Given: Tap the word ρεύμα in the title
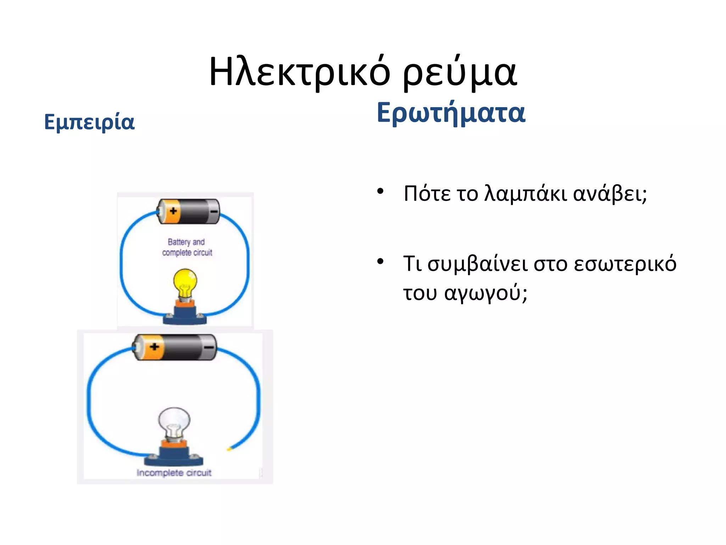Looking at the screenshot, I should (x=460, y=73).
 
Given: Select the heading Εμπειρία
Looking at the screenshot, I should (x=89, y=122).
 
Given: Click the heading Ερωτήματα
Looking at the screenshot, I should (x=451, y=113).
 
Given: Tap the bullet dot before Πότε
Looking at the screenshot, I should (x=380, y=192).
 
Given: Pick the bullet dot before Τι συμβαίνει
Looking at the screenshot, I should (x=380, y=262).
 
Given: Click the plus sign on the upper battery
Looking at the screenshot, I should (x=173, y=211).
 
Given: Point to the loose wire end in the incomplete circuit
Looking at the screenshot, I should (x=229, y=449).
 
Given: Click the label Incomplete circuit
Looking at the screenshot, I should (x=174, y=473).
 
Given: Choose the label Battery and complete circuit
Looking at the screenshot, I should (x=187, y=247).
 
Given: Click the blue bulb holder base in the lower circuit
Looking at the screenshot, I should (x=174, y=458).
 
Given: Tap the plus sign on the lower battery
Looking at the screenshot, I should (x=154, y=347).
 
